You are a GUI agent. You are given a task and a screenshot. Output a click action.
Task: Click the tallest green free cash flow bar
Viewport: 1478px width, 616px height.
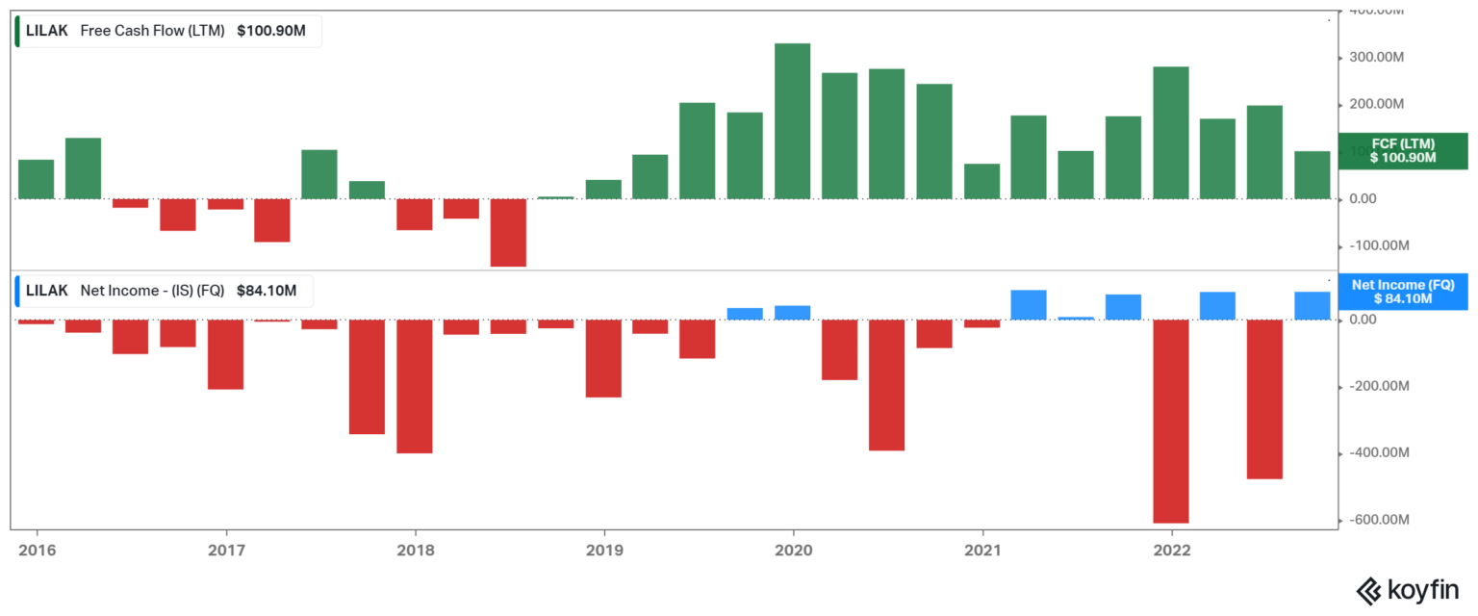point(792,121)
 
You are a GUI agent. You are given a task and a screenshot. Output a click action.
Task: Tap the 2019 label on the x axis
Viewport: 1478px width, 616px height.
point(603,551)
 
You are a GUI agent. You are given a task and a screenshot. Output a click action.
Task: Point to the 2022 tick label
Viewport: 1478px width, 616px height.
point(1171,551)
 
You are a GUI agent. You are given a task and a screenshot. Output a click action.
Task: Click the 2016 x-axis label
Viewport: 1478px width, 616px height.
point(37,551)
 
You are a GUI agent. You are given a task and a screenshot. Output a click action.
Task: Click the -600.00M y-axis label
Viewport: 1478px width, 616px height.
point(1380,520)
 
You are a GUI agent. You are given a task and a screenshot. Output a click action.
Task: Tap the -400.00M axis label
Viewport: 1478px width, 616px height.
point(1380,452)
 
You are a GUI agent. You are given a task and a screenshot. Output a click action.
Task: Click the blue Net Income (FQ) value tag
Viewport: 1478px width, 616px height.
point(1403,292)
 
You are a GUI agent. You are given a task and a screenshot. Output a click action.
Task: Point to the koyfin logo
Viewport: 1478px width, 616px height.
point(1409,589)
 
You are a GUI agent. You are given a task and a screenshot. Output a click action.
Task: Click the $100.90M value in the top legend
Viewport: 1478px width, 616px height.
point(271,31)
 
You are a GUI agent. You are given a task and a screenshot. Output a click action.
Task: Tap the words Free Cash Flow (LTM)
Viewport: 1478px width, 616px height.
point(152,31)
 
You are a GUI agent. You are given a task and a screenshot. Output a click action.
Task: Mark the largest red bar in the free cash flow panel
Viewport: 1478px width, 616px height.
point(508,232)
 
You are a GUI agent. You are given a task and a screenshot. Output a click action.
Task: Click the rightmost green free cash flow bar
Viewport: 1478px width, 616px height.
point(1312,174)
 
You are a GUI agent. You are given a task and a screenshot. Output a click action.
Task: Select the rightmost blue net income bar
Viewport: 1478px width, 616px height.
point(1312,305)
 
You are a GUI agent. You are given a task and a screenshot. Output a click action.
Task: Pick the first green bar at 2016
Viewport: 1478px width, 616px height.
point(37,179)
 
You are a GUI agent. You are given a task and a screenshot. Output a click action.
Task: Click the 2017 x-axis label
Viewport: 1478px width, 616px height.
point(225,551)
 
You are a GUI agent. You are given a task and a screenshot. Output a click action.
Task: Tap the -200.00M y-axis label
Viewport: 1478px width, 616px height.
point(1380,386)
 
